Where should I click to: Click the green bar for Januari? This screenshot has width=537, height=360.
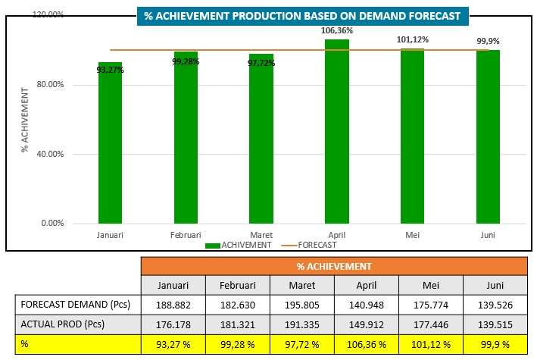tap(110, 144)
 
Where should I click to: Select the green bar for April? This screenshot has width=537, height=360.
tap(337, 133)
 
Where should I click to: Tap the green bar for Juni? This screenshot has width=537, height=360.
tap(488, 136)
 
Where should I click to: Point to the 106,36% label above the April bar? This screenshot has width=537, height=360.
tap(337, 30)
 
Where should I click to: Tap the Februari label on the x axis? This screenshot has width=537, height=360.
tap(186, 235)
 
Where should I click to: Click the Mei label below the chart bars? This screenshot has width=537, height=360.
tap(413, 235)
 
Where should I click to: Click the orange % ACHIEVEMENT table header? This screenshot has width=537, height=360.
tap(333, 266)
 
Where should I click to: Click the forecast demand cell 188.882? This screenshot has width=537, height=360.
tap(173, 305)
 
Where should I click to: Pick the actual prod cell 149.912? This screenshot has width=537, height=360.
tap(366, 325)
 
